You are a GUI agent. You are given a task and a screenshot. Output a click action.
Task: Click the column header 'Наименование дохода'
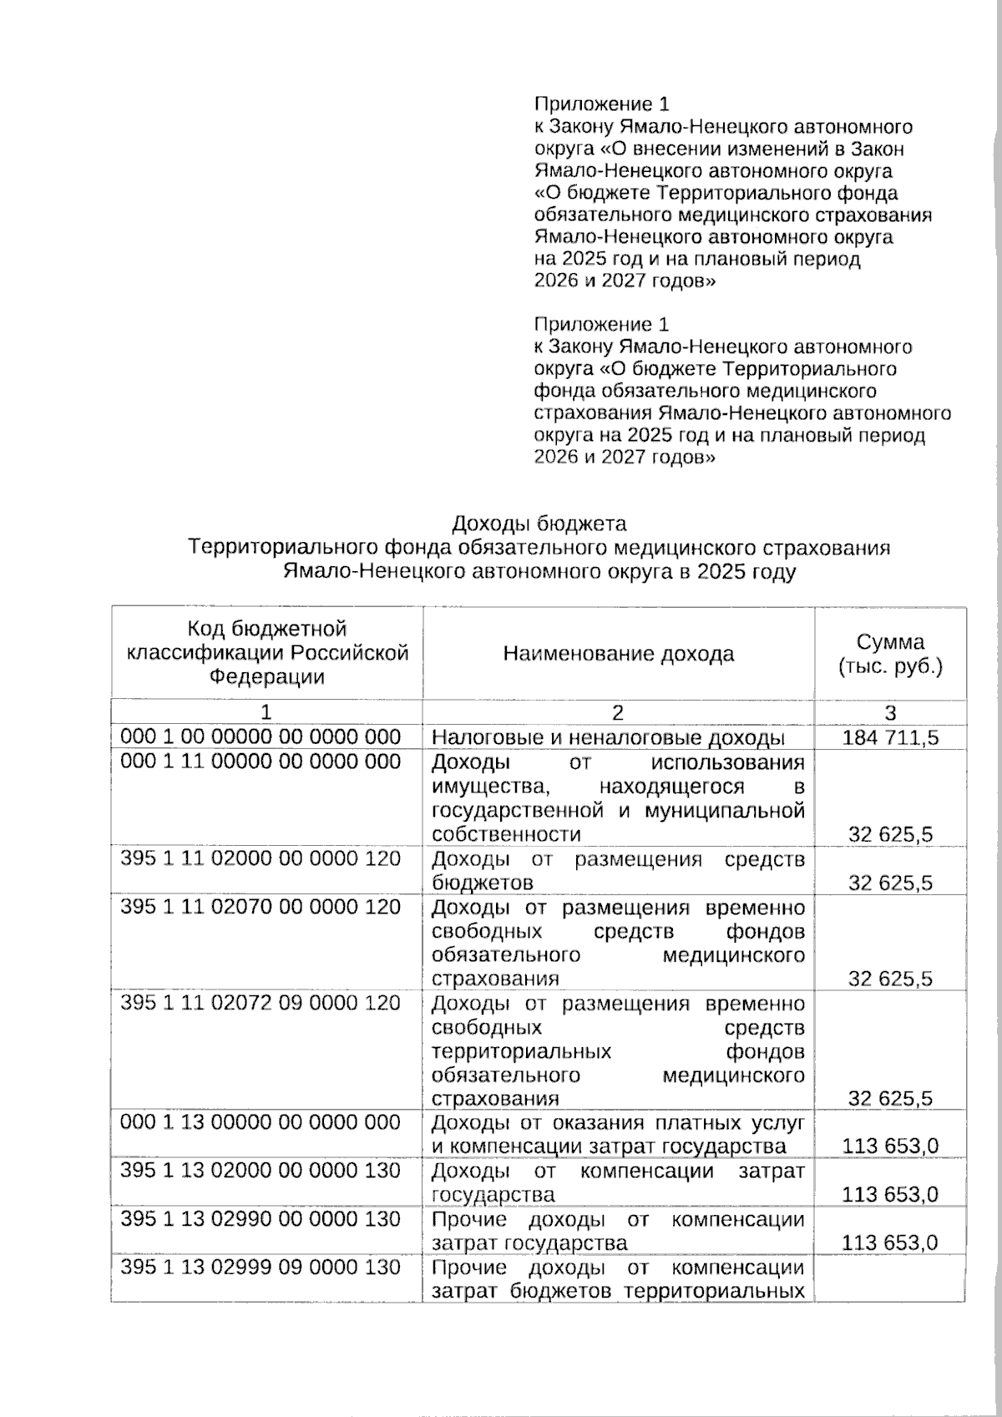tap(618, 654)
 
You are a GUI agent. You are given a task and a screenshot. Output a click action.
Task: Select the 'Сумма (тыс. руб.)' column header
tap(890, 654)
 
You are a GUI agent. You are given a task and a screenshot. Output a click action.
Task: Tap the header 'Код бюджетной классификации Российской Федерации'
tap(266, 653)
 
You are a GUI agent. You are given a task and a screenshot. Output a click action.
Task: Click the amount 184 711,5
tap(890, 737)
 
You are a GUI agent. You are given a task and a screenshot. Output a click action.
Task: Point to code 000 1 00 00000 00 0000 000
tap(261, 736)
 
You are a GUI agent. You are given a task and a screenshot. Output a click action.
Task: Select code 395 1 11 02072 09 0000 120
tap(261, 1003)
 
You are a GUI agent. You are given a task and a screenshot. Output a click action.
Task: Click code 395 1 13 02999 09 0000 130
tap(261, 1268)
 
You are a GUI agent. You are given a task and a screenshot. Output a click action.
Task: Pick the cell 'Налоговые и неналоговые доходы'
tap(608, 737)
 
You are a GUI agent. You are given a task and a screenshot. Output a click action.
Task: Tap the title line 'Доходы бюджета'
tap(539, 524)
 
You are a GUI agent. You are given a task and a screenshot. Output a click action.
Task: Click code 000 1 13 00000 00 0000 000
tap(261, 1122)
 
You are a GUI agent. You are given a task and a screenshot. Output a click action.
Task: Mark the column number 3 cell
tap(890, 712)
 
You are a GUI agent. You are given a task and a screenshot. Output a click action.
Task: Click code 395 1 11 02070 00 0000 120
tap(261, 907)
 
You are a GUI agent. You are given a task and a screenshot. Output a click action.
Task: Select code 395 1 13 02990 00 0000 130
tap(261, 1219)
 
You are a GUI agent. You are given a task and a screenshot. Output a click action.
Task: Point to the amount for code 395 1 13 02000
tap(890, 1195)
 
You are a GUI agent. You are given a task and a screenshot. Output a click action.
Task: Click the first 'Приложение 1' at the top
tap(601, 104)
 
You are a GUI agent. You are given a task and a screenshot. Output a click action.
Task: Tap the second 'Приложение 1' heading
tap(601, 324)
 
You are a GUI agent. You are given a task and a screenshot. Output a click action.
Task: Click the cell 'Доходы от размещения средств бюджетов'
tap(618, 870)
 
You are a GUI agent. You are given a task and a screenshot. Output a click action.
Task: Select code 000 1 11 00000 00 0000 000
tap(261, 762)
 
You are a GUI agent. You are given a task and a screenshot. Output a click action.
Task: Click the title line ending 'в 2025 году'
tap(539, 573)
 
